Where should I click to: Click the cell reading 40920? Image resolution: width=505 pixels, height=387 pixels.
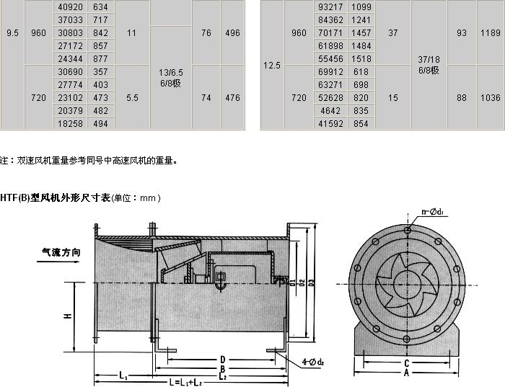click(70, 6)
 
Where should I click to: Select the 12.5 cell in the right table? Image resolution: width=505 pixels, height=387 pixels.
click(272, 66)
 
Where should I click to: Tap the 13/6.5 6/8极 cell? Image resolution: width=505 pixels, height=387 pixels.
click(171, 78)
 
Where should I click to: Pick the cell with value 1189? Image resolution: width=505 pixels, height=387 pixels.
click(490, 32)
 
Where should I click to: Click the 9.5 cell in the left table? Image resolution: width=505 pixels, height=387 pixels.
click(12, 33)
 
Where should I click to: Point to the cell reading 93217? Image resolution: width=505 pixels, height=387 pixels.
click(330, 6)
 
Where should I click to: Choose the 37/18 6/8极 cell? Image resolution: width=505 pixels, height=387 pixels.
click(429, 65)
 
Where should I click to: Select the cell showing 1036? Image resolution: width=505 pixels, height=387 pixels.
click(490, 97)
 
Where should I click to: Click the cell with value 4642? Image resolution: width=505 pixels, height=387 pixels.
click(330, 111)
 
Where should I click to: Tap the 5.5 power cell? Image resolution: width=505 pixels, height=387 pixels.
click(132, 97)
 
